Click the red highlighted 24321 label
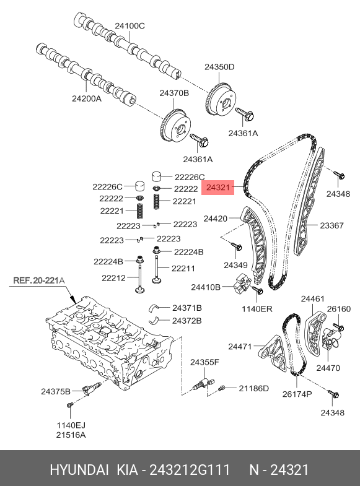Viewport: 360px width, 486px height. tap(218, 187)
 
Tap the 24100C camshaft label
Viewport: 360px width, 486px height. tap(130, 26)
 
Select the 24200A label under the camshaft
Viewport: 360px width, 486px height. tap(87, 98)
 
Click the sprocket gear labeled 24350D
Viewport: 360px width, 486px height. tap(222, 100)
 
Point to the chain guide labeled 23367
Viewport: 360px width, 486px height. tap(309, 201)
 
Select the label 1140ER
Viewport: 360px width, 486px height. tap(257, 309)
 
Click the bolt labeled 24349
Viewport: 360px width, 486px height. tap(237, 246)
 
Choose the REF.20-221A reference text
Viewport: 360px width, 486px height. tap(39, 280)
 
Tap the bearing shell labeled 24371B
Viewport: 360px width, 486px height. tap(154, 308)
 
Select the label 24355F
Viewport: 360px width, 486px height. tap(204, 362)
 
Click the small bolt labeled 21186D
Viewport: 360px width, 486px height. tap(222, 388)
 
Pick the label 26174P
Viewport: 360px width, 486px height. tap(297, 394)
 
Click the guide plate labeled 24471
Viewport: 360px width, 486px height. tap(273, 354)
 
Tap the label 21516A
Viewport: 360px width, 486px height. tap(71, 435)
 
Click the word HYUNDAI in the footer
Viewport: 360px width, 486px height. tap(79, 470)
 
